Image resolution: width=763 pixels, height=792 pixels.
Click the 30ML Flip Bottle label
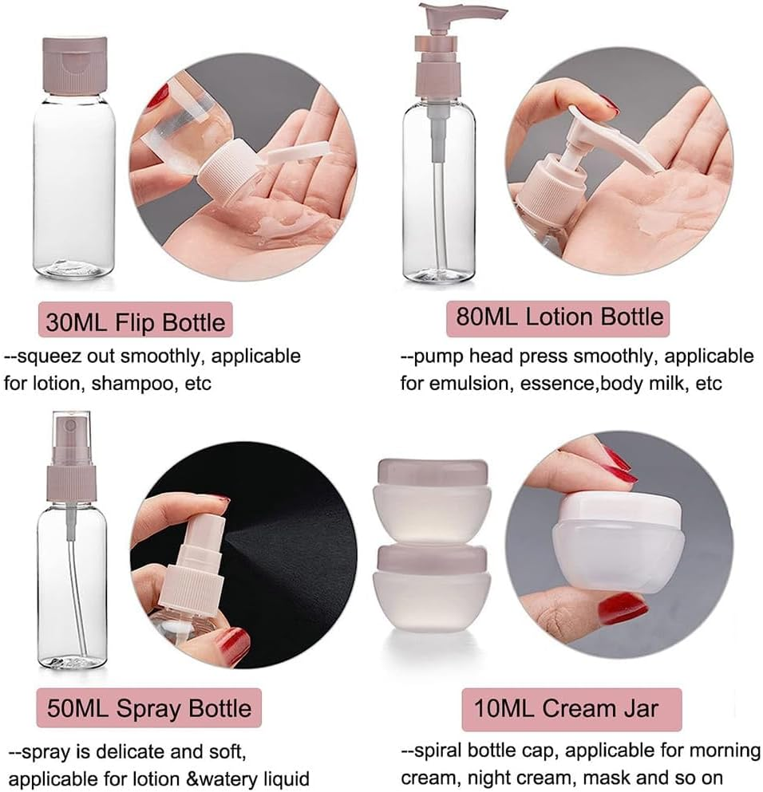[x=136, y=322]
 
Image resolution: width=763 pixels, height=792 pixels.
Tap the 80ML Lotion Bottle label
[x=559, y=317]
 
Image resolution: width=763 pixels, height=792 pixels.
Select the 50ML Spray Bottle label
[x=148, y=707]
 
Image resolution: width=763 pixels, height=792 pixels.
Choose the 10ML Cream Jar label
[x=571, y=707]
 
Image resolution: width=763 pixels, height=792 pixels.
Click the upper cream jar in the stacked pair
[x=432, y=495]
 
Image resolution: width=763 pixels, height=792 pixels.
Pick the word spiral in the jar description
[x=441, y=751]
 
